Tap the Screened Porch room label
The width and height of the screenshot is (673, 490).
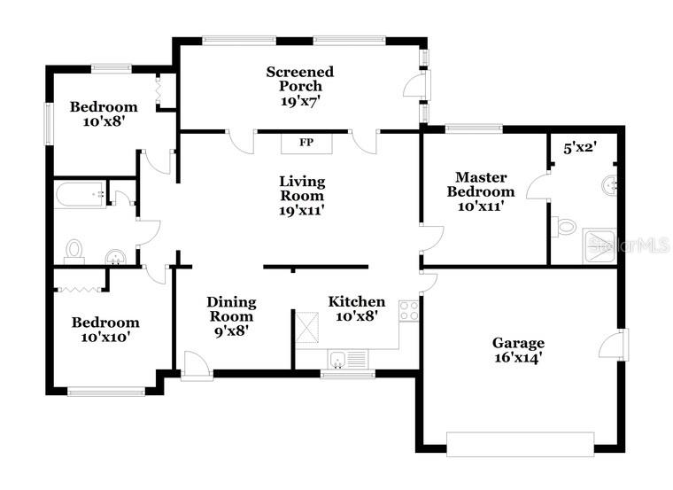[300, 86]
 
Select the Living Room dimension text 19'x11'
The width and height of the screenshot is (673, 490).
[302, 211]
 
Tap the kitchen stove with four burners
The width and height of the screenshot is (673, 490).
[408, 310]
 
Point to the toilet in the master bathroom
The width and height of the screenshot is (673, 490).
[563, 227]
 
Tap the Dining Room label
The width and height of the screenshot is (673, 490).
[231, 309]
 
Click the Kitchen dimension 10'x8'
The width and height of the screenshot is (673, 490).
[357, 316]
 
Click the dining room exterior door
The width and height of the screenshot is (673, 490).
[197, 365]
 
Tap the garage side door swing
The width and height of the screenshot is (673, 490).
[613, 345]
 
